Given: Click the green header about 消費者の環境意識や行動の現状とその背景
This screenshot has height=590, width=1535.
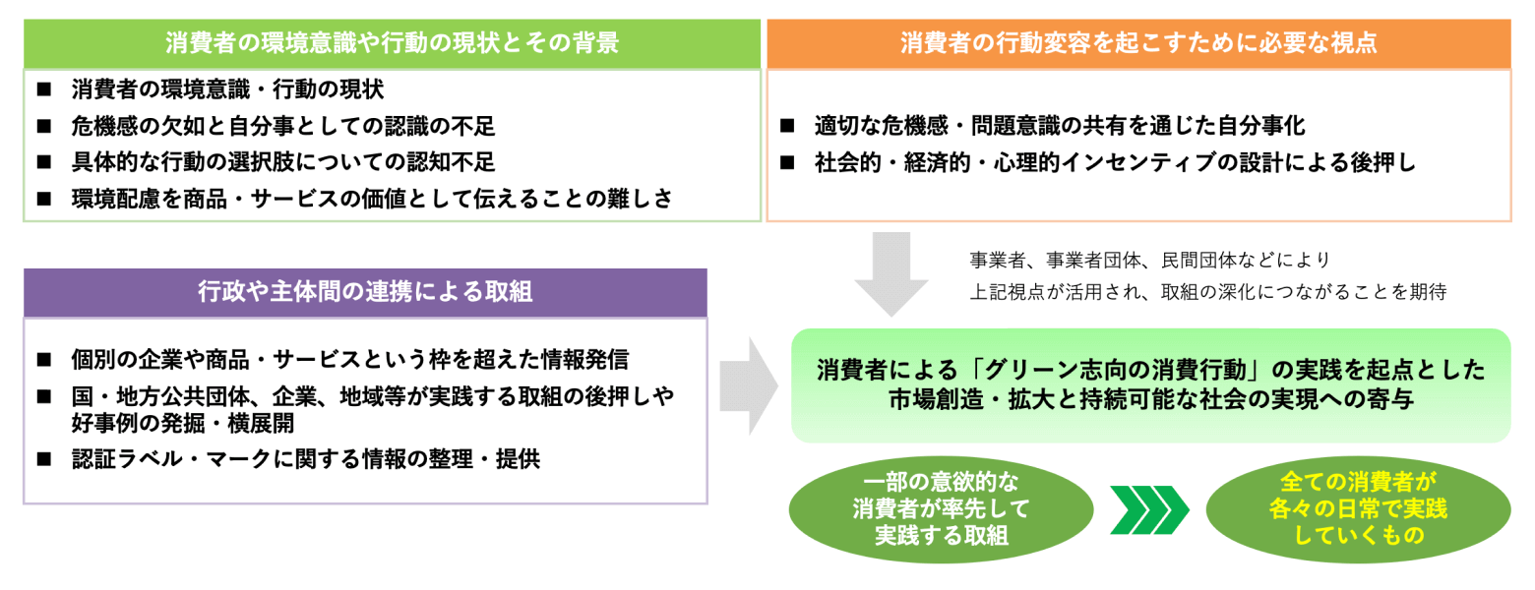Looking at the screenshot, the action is click(392, 44).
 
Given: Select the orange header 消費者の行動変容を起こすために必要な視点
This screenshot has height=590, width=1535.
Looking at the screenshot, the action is click(1138, 44).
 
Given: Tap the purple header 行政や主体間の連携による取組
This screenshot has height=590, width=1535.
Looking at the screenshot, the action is click(365, 292).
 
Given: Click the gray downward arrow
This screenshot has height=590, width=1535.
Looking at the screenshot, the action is click(890, 273).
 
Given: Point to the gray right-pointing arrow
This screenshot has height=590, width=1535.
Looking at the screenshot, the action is click(748, 386).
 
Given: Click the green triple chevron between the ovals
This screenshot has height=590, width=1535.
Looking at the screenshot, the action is click(1149, 510).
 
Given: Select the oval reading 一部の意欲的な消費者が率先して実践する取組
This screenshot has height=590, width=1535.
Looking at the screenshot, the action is click(941, 509).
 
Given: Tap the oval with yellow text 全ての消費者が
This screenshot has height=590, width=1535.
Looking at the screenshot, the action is click(1358, 509).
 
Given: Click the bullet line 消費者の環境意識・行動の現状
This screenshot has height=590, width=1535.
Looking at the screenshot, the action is click(227, 89).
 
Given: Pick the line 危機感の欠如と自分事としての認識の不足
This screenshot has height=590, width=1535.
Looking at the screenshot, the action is click(283, 126).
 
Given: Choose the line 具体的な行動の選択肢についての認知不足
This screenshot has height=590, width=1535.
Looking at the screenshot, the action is click(283, 162).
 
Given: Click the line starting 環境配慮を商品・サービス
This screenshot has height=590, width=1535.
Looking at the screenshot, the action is click(372, 199).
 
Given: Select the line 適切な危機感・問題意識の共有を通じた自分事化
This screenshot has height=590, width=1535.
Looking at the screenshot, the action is click(1060, 126).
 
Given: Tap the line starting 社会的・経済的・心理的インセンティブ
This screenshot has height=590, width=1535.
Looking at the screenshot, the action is click(1115, 163).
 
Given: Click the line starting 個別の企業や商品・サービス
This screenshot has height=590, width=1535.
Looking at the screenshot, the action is click(350, 359).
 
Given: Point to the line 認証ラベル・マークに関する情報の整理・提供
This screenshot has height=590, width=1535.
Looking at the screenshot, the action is click(306, 459).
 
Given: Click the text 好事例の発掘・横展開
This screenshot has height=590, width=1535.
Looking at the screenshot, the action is click(183, 424).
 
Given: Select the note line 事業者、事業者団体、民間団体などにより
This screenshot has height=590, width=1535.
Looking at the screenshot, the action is click(1150, 261).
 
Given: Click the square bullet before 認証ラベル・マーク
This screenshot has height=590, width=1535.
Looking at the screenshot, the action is click(44, 458).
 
